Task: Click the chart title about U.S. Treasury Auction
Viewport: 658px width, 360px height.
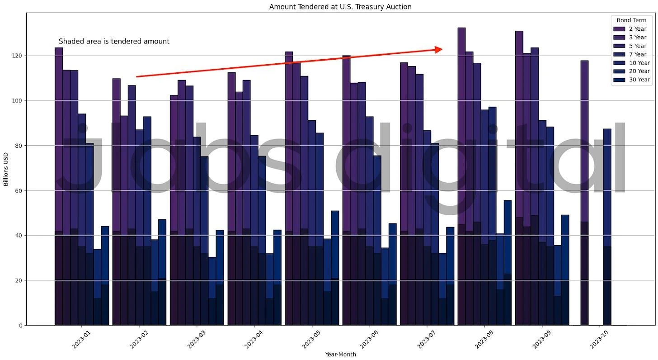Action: [x=340, y=7]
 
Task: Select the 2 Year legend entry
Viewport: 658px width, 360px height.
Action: [x=640, y=29]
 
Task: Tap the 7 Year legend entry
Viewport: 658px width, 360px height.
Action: [x=640, y=54]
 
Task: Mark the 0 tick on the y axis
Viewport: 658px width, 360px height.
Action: [x=20, y=325]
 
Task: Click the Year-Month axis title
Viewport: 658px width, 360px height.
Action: [x=340, y=355]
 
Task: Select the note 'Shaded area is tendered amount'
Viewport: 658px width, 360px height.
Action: [x=114, y=42]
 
